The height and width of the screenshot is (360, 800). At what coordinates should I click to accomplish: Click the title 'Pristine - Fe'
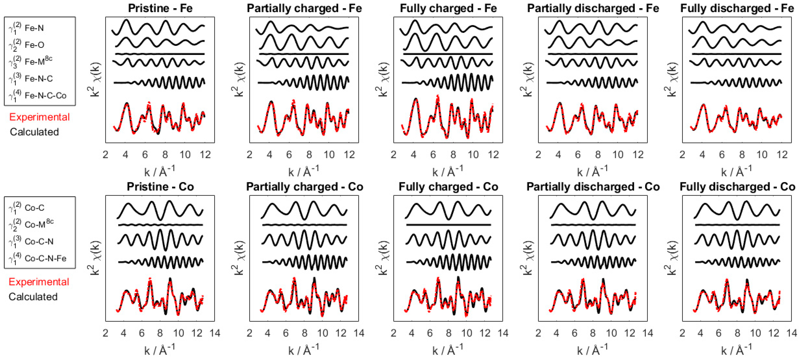[160, 8]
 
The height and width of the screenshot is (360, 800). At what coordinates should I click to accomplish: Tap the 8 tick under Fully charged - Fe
[453, 154]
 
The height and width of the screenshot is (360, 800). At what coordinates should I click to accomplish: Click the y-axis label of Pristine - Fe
[94, 80]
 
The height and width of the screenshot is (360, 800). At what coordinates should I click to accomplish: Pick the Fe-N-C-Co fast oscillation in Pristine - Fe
[174, 83]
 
